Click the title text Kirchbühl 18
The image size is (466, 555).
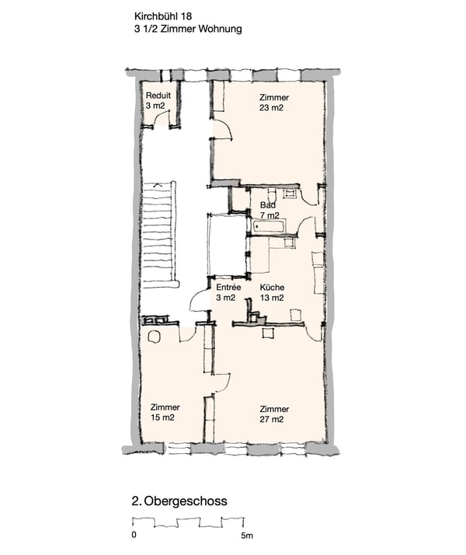(x=163, y=16)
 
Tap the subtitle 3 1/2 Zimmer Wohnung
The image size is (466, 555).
(x=188, y=29)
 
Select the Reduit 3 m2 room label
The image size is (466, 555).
(x=158, y=100)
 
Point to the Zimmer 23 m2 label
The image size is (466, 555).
(x=273, y=103)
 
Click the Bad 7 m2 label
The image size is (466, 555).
(x=270, y=210)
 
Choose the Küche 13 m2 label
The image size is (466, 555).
(x=272, y=293)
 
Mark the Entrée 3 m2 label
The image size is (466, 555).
(x=228, y=293)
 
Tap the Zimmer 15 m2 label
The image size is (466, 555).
(x=165, y=412)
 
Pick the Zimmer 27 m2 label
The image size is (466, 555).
(x=274, y=414)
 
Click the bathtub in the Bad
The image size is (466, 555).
(x=269, y=227)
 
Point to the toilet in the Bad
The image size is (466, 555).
(x=272, y=195)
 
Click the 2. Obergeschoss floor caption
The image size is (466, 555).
(x=179, y=501)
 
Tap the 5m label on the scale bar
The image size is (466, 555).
(x=247, y=536)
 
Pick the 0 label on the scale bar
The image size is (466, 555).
(x=134, y=535)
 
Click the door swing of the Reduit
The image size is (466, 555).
(x=161, y=115)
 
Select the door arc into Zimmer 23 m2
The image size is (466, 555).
(x=225, y=127)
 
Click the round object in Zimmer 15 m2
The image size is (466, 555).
(x=154, y=337)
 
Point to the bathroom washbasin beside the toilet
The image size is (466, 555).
(x=291, y=194)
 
